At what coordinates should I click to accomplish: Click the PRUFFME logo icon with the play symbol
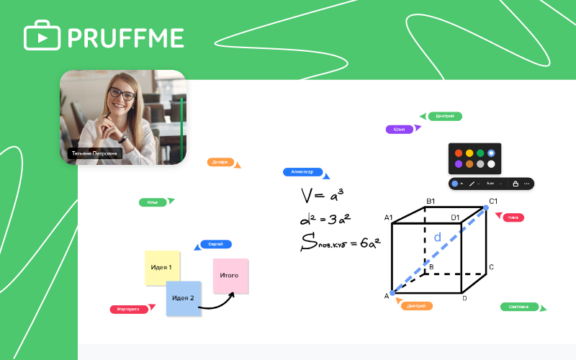(x=42, y=35)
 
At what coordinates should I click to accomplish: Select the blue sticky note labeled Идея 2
(x=183, y=298)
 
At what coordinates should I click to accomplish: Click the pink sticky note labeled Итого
(x=230, y=276)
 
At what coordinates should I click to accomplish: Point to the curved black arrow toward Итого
(x=216, y=304)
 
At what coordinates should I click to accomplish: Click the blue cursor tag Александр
(x=302, y=172)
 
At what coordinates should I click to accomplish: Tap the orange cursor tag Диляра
(x=220, y=162)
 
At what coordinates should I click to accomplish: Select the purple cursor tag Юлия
(x=400, y=130)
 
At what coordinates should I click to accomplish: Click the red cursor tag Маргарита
(x=129, y=310)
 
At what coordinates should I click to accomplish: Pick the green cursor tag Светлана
(x=519, y=307)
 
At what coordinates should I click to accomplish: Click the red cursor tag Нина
(x=513, y=217)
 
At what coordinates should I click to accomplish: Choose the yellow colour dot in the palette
(x=469, y=153)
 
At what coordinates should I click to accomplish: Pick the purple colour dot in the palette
(x=458, y=164)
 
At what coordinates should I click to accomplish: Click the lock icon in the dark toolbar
(x=516, y=184)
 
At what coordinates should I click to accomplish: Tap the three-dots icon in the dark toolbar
(x=527, y=184)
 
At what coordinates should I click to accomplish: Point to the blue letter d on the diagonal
(x=436, y=237)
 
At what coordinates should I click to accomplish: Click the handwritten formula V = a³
(x=322, y=194)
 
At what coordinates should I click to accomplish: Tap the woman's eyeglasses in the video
(x=121, y=94)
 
